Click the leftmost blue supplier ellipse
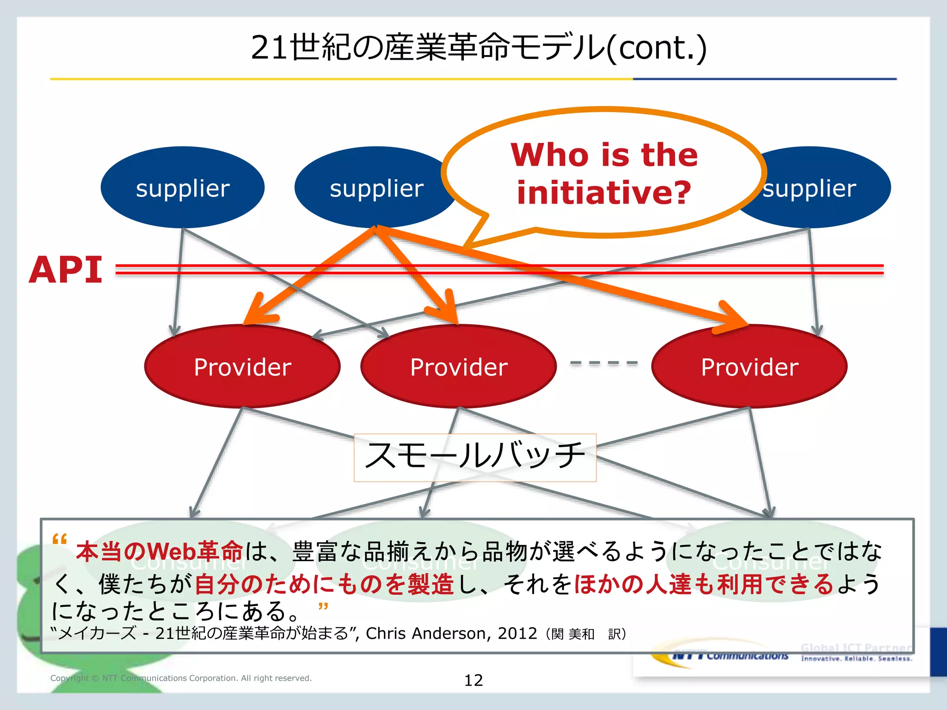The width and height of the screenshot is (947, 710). pyautogui.click(x=182, y=187)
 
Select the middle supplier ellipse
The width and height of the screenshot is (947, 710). pyautogui.click(x=375, y=187)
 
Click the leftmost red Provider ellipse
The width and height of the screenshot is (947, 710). pyautogui.click(x=242, y=367)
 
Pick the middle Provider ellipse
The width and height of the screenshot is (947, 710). pyautogui.click(x=458, y=367)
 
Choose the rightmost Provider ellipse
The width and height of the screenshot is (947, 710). pyautogui.click(x=749, y=367)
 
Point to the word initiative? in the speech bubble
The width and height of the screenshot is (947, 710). pyautogui.click(x=603, y=192)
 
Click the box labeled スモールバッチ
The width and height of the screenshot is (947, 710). pyautogui.click(x=475, y=457)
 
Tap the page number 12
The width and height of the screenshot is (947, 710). pyautogui.click(x=473, y=680)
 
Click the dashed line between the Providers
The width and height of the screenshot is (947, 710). pyautogui.click(x=603, y=363)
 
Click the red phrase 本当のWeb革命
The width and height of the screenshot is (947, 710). pyautogui.click(x=160, y=551)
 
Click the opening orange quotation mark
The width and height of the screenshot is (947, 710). pyautogui.click(x=60, y=539)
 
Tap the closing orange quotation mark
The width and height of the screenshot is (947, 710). pyautogui.click(x=323, y=606)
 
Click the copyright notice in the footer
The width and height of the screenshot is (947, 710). pyautogui.click(x=181, y=678)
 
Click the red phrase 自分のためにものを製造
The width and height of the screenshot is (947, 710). pyautogui.click(x=324, y=584)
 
